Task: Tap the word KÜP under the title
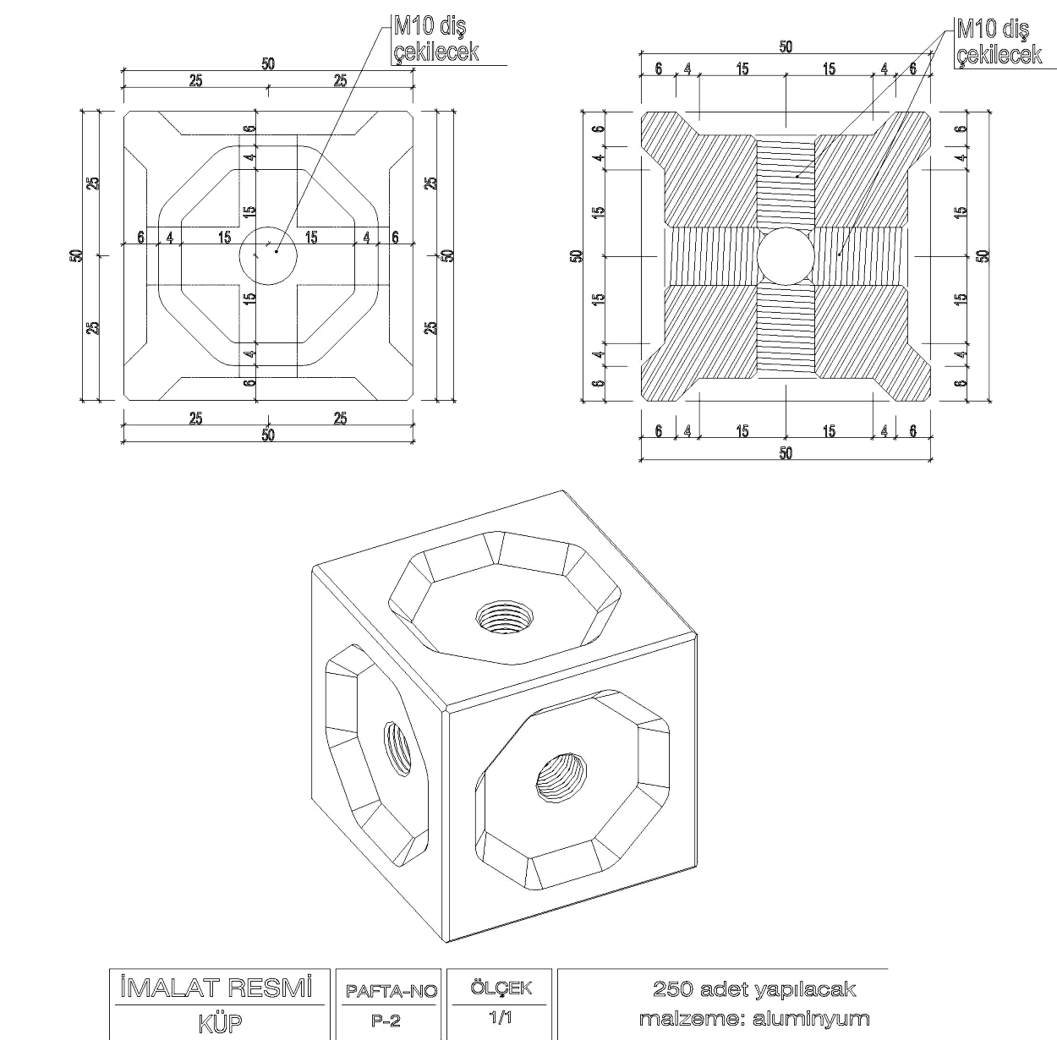point(219,1022)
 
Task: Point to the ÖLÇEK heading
point(500,988)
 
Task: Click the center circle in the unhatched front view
point(268,254)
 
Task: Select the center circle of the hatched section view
point(785,255)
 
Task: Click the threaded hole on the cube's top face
point(502,616)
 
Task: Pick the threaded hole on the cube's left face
point(396,749)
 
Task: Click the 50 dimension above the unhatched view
point(268,63)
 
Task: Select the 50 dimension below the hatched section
point(786,453)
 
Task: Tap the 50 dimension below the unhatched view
point(268,435)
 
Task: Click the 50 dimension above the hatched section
point(786,47)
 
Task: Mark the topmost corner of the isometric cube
point(565,490)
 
